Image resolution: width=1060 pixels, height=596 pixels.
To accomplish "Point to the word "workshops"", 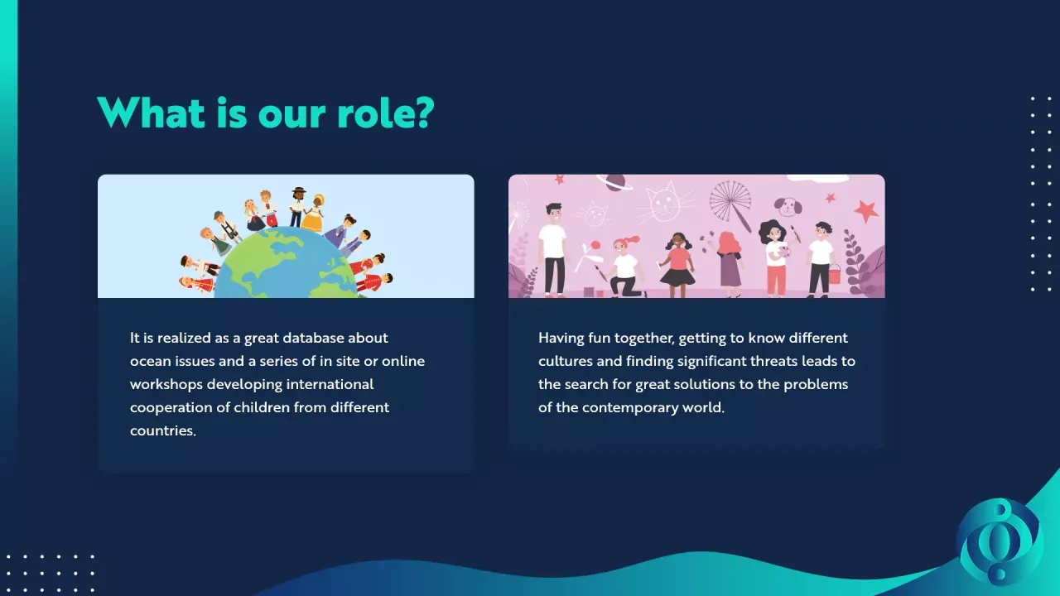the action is pos(166,385).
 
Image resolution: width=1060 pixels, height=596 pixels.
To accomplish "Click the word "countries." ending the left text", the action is pos(163,431).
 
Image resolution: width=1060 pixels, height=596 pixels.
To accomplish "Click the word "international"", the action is pos(330,384).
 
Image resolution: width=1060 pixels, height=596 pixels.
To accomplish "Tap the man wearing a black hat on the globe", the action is pos(297,207).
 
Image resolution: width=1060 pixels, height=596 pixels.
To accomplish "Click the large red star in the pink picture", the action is pos(866,210).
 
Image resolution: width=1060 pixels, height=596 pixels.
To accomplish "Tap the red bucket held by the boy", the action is pos(834,273).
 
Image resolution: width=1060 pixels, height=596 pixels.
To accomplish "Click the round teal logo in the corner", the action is pos(999,541).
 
